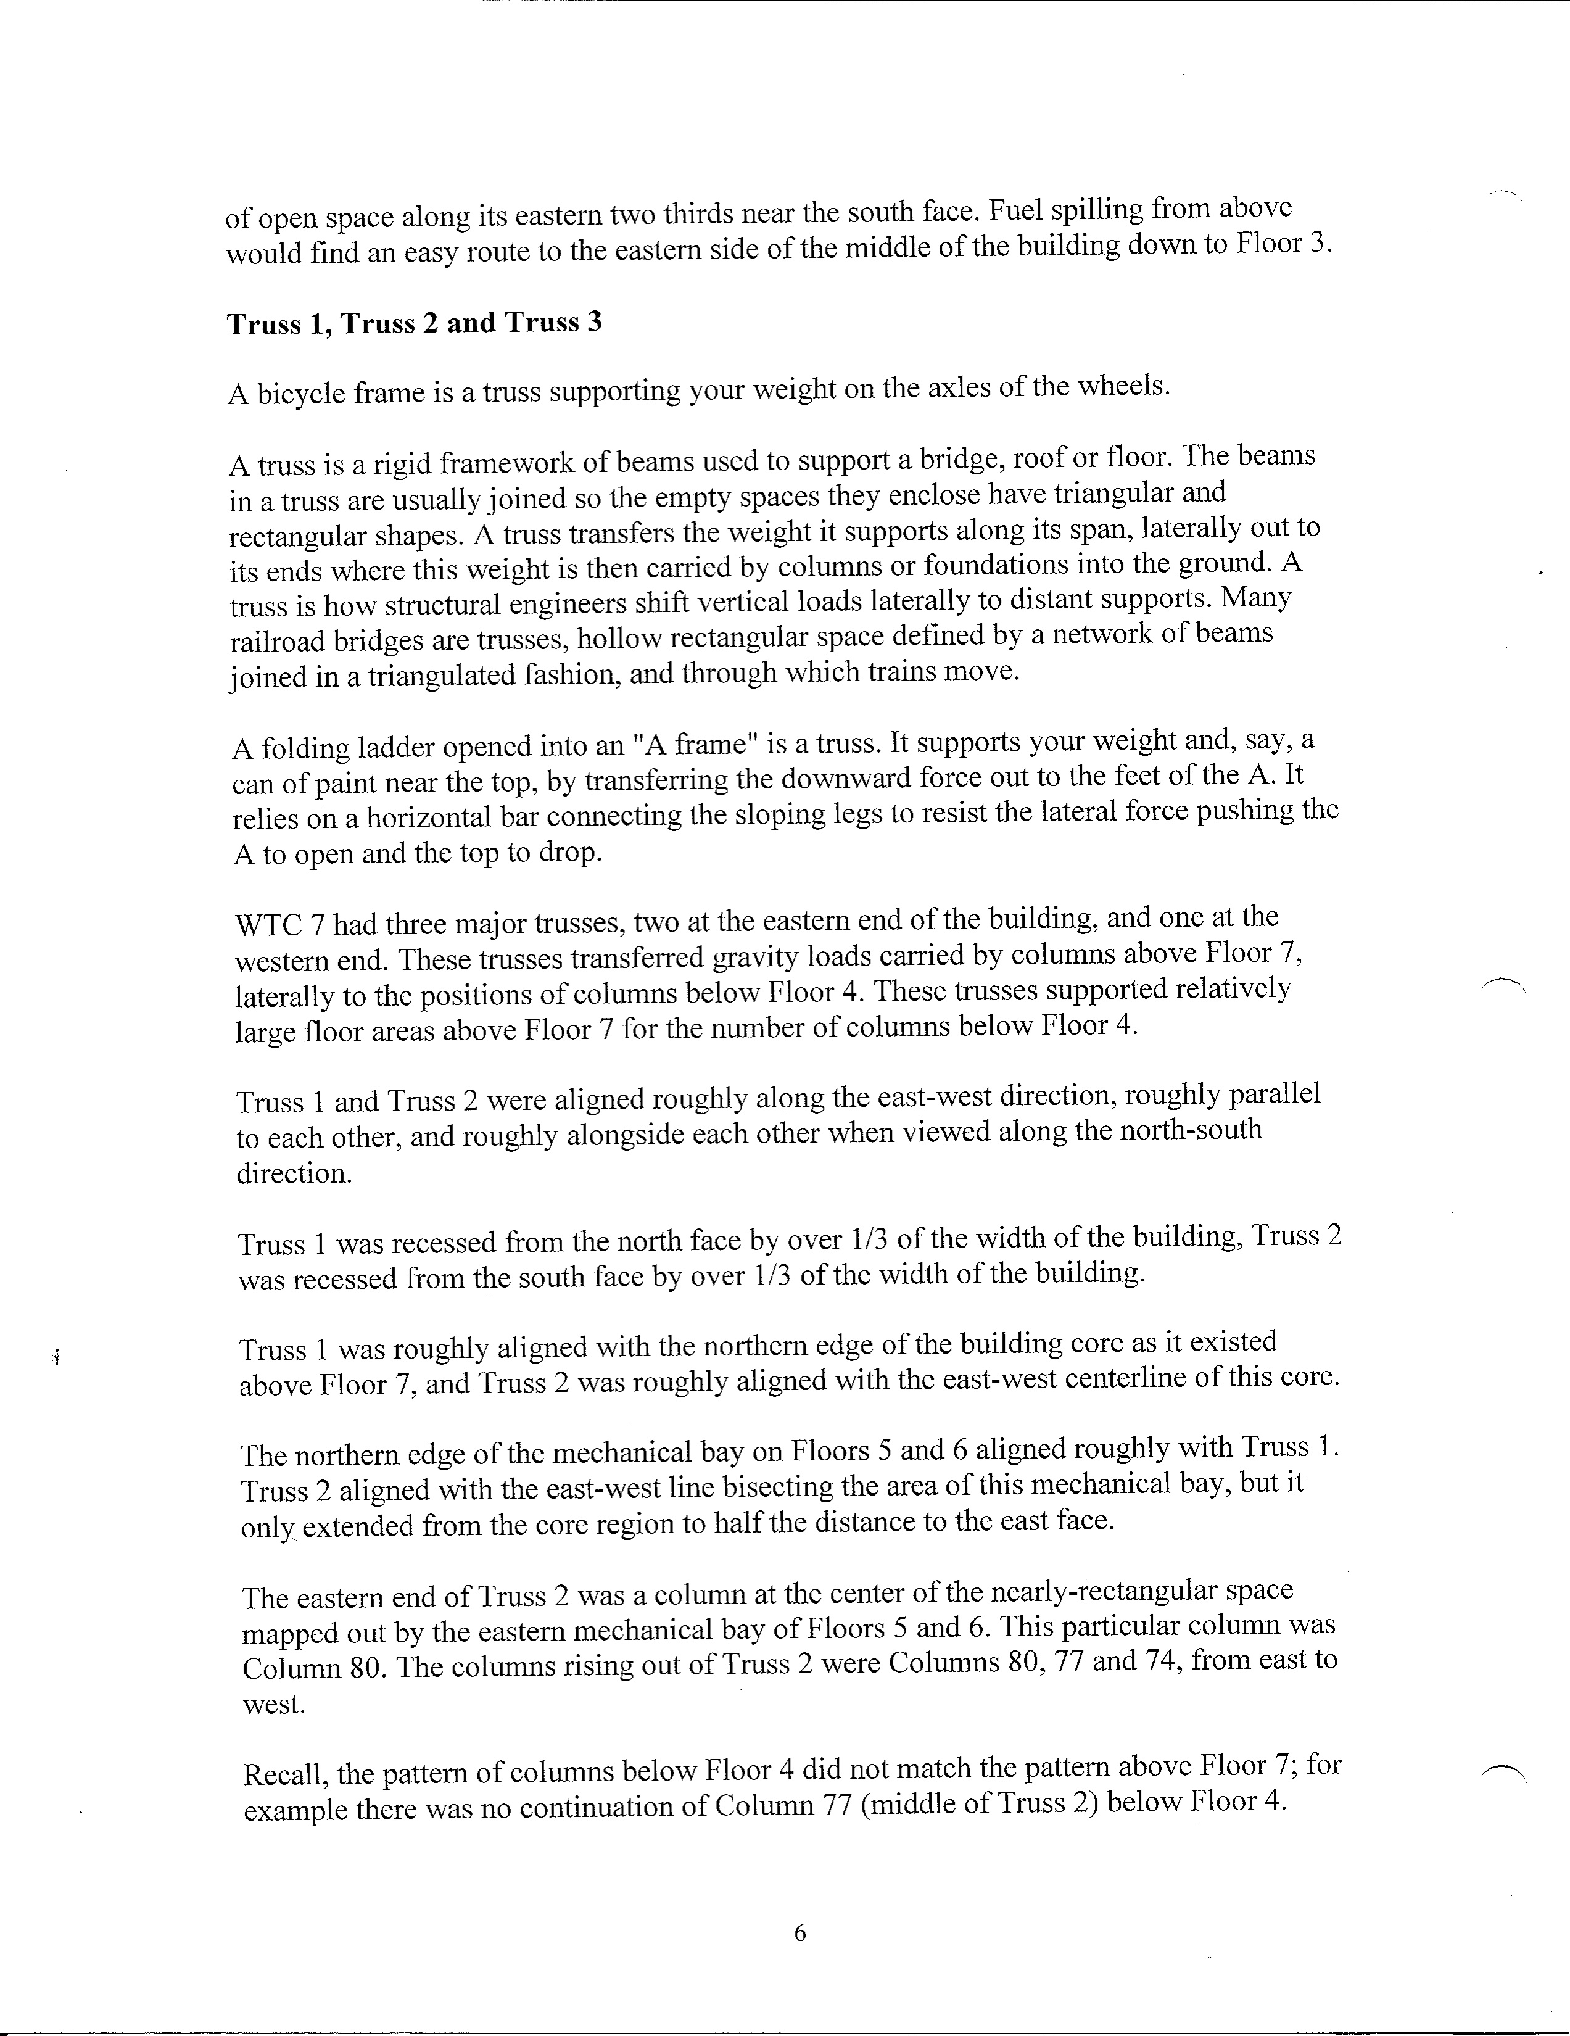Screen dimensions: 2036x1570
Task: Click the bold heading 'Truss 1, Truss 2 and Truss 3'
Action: pos(414,323)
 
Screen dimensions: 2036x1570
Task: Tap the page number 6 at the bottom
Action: pos(799,1934)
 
